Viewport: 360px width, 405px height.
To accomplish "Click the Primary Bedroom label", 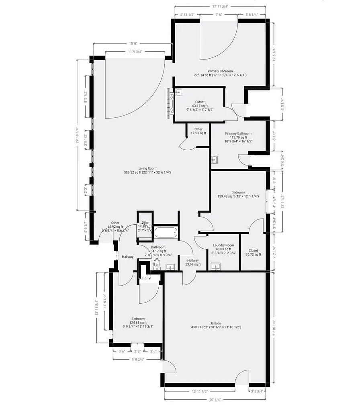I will coord(220,71).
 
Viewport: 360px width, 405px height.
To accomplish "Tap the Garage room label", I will coord(216,323).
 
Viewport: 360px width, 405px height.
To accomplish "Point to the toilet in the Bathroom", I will coord(157,264).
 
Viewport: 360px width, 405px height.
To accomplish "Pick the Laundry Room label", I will coord(223,245).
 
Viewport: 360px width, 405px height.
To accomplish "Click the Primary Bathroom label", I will coord(238,133).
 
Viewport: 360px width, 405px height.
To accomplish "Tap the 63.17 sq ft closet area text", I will coord(200,106).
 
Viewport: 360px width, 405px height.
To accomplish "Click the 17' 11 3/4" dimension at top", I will coord(220,6).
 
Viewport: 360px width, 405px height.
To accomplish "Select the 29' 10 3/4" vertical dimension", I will coord(78,135).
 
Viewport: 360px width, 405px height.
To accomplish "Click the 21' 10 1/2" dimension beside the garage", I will coord(274,327).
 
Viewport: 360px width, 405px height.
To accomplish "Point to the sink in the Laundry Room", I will coord(216,266).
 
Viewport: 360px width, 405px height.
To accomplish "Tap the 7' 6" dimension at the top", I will coord(219,14).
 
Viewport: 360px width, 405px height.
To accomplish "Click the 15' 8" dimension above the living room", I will coord(133,43).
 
